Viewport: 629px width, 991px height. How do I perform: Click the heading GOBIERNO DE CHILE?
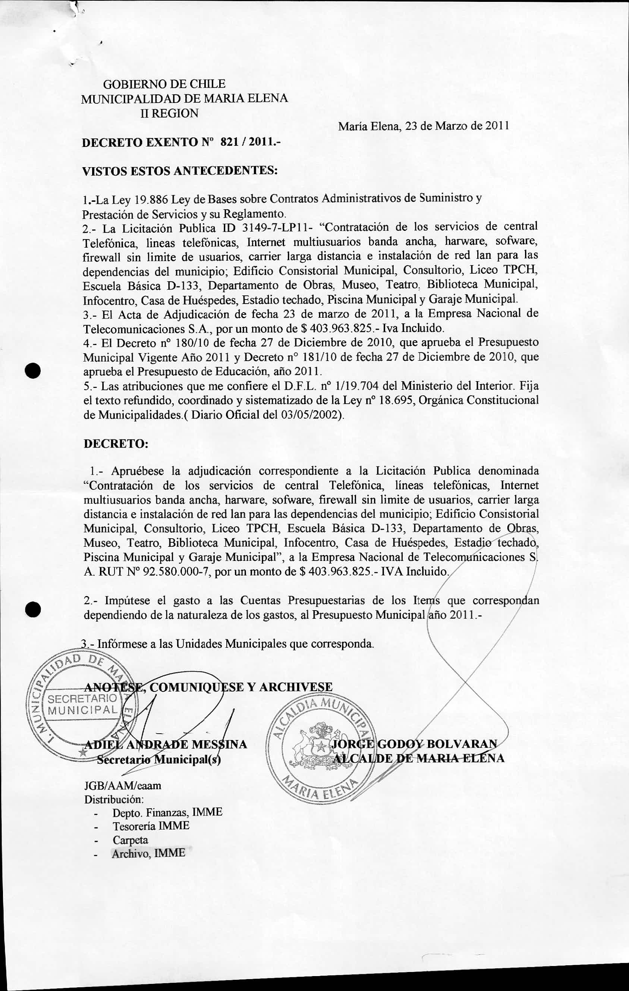(x=164, y=84)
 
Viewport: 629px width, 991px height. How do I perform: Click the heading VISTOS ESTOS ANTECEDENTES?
(x=180, y=171)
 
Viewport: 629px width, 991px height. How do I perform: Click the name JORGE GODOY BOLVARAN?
(x=414, y=744)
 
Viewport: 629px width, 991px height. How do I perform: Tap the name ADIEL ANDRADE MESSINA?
(x=166, y=744)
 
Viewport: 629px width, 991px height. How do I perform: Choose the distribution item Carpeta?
(x=130, y=840)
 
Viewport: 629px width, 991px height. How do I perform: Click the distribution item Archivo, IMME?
(x=148, y=853)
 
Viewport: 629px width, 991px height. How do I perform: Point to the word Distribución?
(x=114, y=799)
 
